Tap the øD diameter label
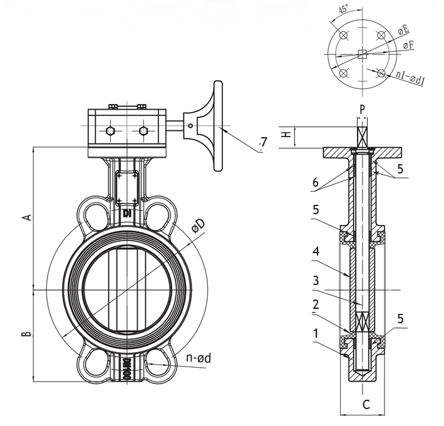(x=198, y=225)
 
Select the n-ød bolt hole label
(x=199, y=358)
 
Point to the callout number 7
(x=264, y=142)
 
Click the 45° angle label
(x=343, y=9)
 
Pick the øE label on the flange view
(x=403, y=29)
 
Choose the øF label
(x=408, y=44)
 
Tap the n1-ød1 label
(x=410, y=77)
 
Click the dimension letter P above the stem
(x=363, y=109)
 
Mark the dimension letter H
(x=287, y=134)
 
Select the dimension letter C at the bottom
(x=366, y=404)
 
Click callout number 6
(x=316, y=183)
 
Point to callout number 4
(x=316, y=251)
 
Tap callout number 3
(x=316, y=281)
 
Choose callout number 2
(x=316, y=304)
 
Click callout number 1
(x=316, y=333)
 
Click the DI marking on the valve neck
(x=127, y=214)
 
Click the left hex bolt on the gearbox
(x=110, y=131)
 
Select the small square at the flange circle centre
(x=362, y=54)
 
